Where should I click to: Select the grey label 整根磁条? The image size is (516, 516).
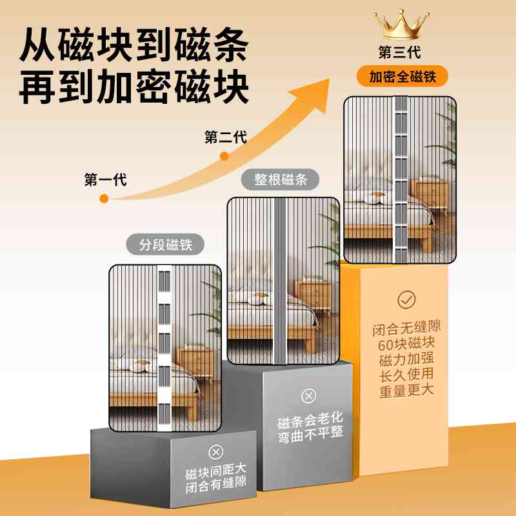point(282,180)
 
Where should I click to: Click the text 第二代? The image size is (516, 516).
point(225,137)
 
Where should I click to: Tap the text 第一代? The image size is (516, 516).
point(105,180)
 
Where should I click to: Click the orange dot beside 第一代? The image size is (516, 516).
point(104,199)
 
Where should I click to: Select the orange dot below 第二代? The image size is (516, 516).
point(224,156)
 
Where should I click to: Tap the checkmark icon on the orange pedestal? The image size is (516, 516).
point(406,299)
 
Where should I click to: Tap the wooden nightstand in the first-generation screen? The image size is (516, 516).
point(195,364)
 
